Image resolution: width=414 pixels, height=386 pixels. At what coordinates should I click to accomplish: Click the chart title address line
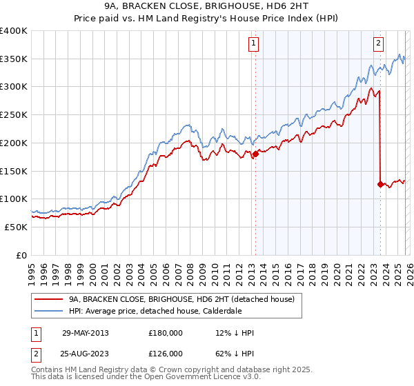pyautogui.click(x=206, y=6)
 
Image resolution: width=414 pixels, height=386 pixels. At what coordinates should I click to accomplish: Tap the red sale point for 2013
pyautogui.click(x=255, y=154)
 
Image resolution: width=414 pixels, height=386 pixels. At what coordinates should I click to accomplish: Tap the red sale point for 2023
pyautogui.click(x=380, y=184)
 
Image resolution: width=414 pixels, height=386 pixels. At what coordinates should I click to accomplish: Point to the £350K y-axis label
pyautogui.click(x=14, y=59)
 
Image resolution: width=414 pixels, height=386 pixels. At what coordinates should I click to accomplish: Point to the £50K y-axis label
pyautogui.click(x=16, y=227)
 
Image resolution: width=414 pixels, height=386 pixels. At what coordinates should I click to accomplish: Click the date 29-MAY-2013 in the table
pyautogui.click(x=86, y=333)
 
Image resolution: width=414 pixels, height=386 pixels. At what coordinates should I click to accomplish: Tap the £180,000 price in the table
pyautogui.click(x=166, y=333)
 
